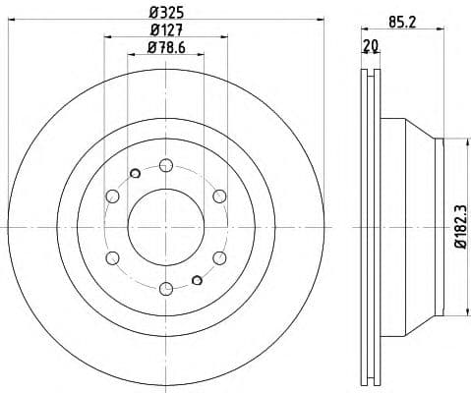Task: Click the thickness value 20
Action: coord(371,44)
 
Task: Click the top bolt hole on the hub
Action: coord(165,164)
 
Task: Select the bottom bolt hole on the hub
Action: coord(165,288)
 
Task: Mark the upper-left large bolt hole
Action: coord(112,196)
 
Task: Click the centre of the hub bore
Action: coord(165,226)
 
